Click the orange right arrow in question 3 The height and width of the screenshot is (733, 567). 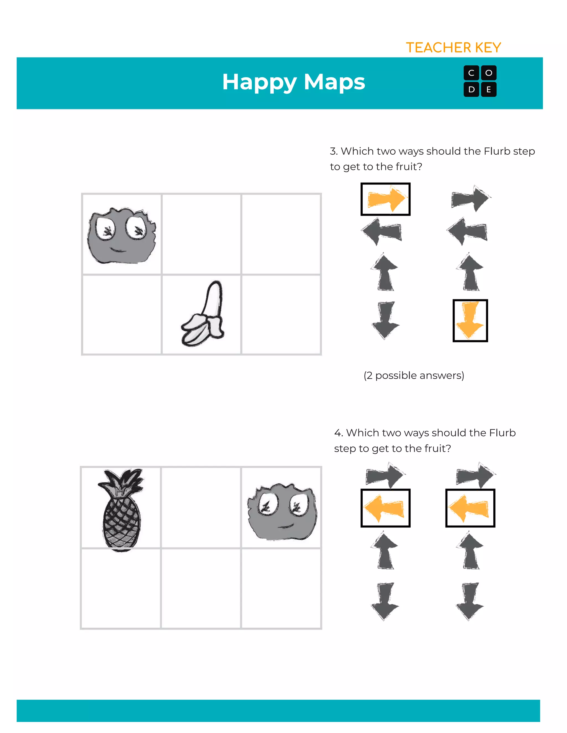coord(386,199)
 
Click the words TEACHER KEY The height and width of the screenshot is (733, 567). coord(453,48)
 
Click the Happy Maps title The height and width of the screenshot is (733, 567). coord(293,82)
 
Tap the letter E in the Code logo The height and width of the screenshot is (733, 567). coord(489,90)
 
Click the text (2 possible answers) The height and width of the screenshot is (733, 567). coord(414,375)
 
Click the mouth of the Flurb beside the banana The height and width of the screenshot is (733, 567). coord(118,250)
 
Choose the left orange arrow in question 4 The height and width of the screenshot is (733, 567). coord(385,508)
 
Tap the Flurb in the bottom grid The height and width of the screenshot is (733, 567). coord(282,512)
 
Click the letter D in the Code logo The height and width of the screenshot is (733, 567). coord(471,90)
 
